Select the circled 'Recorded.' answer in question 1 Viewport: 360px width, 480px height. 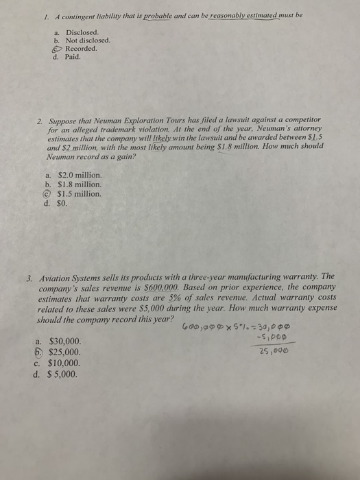(x=80, y=49)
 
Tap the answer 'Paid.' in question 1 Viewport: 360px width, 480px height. (x=73, y=57)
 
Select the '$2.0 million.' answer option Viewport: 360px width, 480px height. (x=79, y=176)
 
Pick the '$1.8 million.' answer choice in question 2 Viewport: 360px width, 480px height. (x=79, y=184)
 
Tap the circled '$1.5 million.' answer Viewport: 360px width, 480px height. (x=79, y=193)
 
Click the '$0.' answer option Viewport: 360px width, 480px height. (x=64, y=202)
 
